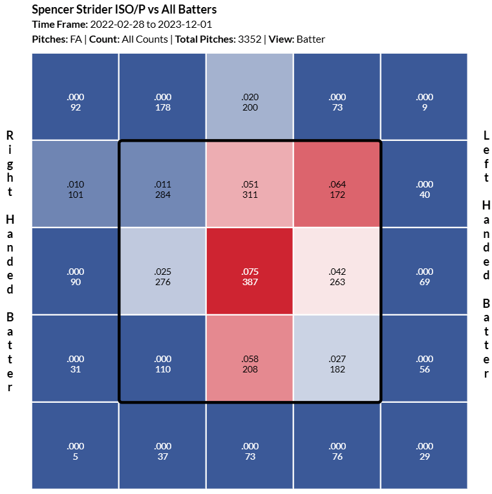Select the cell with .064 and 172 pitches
337,184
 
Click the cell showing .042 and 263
337,271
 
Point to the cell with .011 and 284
163,184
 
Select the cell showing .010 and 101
76,184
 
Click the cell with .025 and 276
163,271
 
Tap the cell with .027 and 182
337,358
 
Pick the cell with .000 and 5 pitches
76,446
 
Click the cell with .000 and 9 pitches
424,97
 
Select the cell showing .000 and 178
163,97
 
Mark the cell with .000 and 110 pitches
163,358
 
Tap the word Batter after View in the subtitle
311,39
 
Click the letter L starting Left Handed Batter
487,135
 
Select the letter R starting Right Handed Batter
10,135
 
